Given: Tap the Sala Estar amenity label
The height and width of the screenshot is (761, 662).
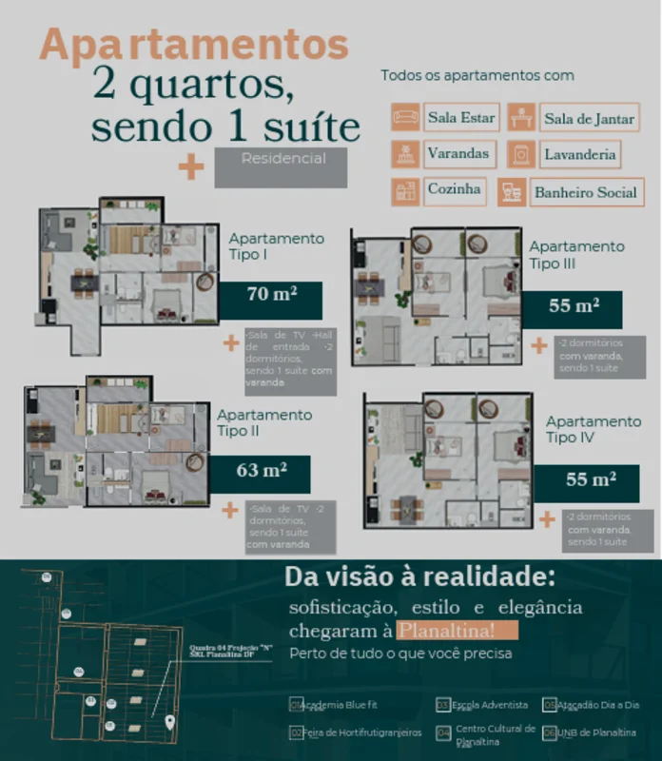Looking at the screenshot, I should pos(461,118).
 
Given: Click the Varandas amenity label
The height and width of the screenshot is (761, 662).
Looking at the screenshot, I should pos(458,153).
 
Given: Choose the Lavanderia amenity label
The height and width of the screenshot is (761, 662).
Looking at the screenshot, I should pos(580,154).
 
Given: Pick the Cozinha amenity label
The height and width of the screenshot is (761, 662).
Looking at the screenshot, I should pos(455,189).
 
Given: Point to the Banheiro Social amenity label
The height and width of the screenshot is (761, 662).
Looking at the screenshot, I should pos(585,192).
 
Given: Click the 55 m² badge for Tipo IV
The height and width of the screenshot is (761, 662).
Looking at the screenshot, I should pos(590,481).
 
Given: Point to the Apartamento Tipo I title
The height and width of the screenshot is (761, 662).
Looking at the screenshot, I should pos(276,246).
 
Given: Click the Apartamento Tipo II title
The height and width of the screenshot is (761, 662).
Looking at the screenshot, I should pos(264,422).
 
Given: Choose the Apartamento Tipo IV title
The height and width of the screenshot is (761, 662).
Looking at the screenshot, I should pos(594,429).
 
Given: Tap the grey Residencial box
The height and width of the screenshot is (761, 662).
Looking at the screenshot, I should pos(281,166).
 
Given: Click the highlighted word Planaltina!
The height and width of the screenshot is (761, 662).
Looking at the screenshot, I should pos(458,630).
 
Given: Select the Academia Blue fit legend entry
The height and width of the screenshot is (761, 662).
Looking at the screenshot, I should pos(335,705).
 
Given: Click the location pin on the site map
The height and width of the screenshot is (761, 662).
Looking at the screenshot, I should pos(170,722).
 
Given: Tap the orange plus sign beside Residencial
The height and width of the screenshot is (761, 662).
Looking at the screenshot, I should pos(191,167).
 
